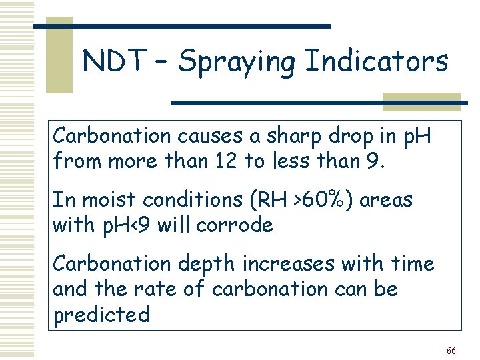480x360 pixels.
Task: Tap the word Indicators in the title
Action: pos(376,62)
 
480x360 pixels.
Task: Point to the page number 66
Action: pos(451,351)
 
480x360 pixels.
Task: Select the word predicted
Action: pos(101,315)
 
